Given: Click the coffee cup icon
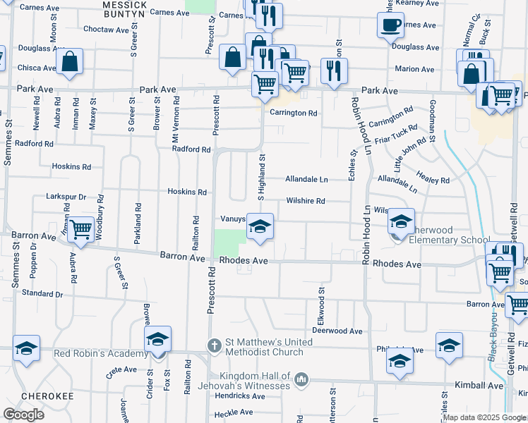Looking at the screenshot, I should [x=390, y=26].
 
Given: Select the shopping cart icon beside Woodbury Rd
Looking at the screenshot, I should [x=81, y=229].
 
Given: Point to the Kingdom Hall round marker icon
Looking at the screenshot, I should [x=302, y=379].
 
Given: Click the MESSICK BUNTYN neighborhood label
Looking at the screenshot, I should [x=124, y=8].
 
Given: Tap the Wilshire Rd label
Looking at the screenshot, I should [x=305, y=201].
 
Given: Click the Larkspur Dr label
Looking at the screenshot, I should [x=66, y=196].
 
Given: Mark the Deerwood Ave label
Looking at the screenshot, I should [x=337, y=331].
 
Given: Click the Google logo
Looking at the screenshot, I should [x=23, y=414].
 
